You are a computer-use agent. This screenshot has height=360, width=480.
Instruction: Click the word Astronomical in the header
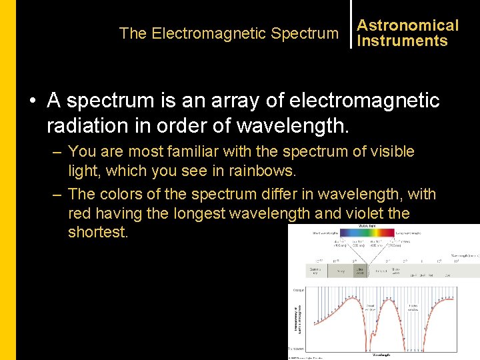(407, 25)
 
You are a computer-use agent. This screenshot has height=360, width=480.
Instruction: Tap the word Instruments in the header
(402, 41)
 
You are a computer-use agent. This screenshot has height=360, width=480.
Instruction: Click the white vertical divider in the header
(350, 25)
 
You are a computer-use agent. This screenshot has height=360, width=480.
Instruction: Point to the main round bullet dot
(32, 101)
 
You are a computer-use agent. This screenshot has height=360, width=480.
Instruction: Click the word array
(240, 101)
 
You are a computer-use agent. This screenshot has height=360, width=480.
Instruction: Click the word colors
(123, 195)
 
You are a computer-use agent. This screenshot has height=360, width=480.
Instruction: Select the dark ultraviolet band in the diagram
(361, 271)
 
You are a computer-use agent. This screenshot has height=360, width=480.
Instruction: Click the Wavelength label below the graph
(382, 354)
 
